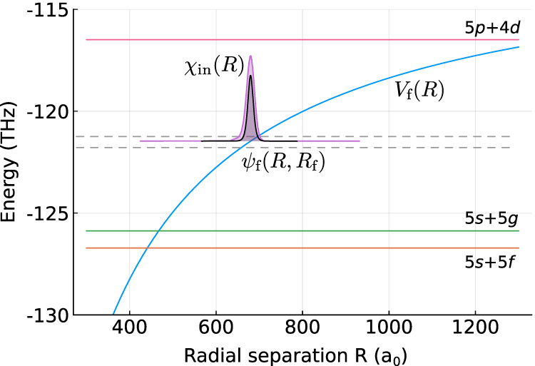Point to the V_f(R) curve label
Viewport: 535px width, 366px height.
click(420, 91)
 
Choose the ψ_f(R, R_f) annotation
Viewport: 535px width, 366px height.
click(283, 163)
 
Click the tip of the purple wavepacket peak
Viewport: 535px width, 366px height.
click(250, 56)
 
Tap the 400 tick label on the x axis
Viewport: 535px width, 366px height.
click(129, 331)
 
